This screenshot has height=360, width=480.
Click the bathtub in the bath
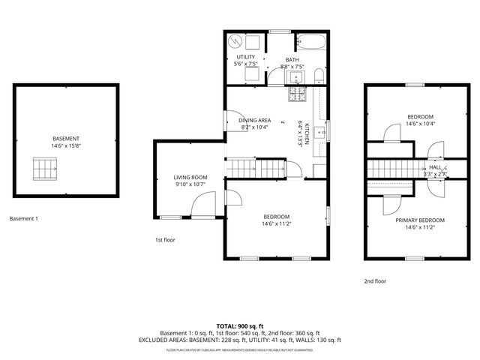point(309,40)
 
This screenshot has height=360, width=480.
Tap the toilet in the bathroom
point(318,73)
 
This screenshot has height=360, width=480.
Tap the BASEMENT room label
point(66,139)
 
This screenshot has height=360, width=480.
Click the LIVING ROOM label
point(190,178)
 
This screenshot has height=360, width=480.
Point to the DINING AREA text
point(255,120)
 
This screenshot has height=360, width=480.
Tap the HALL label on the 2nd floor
point(434,168)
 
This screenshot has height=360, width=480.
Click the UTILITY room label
point(246,57)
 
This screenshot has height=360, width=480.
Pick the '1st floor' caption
point(165,240)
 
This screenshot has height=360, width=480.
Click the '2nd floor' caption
point(375,281)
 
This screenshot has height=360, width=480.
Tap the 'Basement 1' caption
point(23,219)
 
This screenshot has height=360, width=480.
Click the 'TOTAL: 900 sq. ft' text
point(240,326)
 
